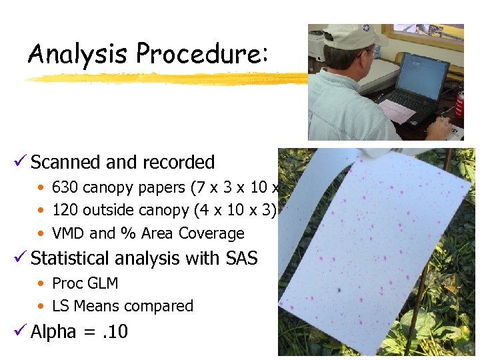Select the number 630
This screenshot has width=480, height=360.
click(x=64, y=187)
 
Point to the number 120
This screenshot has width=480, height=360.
click(x=64, y=211)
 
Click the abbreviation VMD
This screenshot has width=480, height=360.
click(x=68, y=234)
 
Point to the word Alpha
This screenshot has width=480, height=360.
click(x=53, y=331)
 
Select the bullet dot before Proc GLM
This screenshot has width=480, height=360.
click(x=41, y=284)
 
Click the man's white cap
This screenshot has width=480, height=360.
click(x=353, y=36)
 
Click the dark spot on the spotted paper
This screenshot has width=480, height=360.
click(x=340, y=290)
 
